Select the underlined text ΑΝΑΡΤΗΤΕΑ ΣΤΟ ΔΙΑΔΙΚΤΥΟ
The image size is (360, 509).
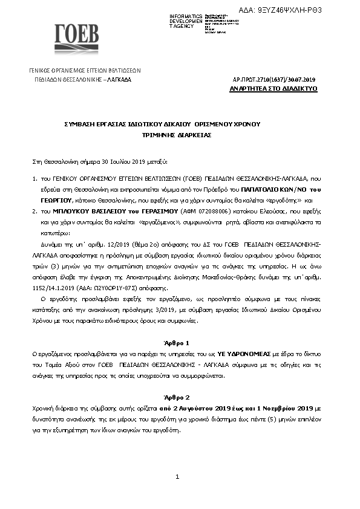(x=273, y=89)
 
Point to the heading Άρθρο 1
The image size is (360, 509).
(x=177, y=342)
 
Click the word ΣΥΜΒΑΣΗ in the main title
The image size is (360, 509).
(x=80, y=123)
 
